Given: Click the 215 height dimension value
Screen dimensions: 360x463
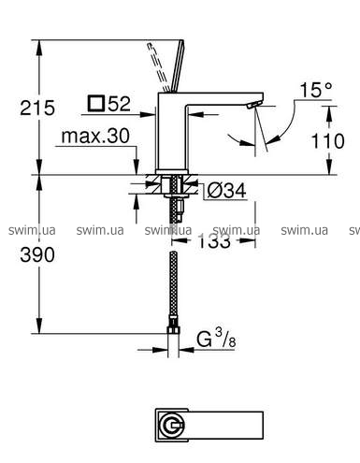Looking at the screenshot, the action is (x=37, y=108).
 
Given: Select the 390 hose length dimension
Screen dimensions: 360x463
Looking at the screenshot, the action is (x=37, y=254).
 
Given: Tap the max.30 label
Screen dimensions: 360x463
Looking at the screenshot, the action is (x=95, y=136).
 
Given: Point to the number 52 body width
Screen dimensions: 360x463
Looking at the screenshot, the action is (x=119, y=104).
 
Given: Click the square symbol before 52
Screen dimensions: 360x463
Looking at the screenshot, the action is (x=95, y=104).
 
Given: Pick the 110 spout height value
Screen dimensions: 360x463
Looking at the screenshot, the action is (x=328, y=141).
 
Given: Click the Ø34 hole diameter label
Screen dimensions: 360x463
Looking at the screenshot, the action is (x=226, y=190).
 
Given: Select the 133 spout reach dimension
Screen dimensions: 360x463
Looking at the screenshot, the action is (x=214, y=241).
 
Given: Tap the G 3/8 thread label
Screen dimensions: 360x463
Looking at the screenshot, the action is (x=216, y=340).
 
